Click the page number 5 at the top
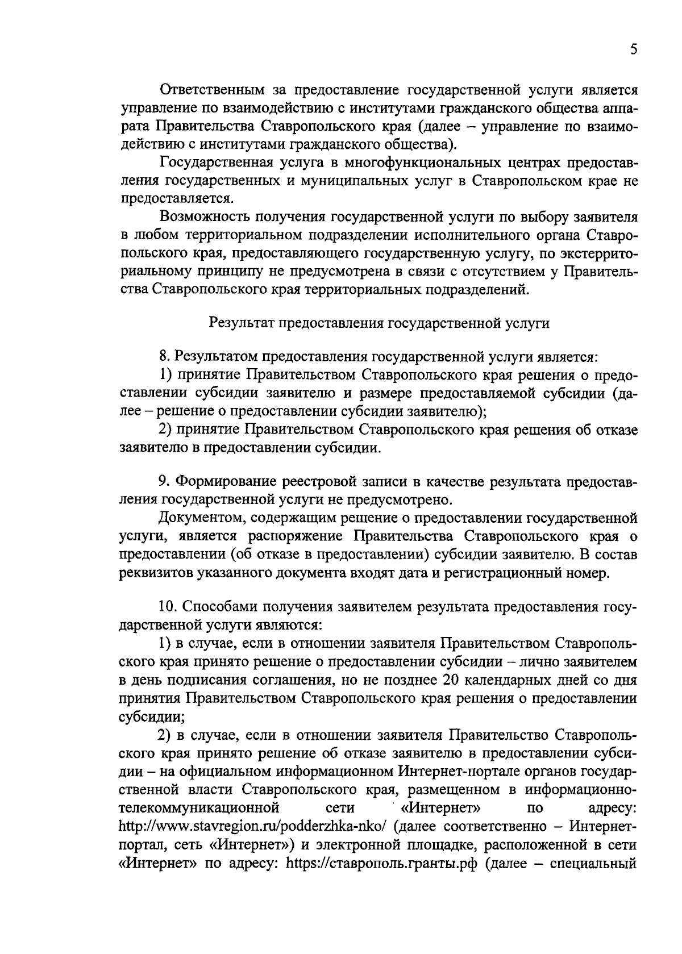(633, 50)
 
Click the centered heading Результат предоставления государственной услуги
(380, 323)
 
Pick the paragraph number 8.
(164, 358)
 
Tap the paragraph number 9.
(164, 482)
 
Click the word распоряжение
(296, 536)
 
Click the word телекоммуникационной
(199, 807)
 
